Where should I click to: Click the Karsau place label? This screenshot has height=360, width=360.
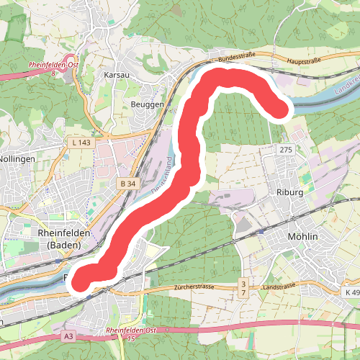click(x=116, y=75)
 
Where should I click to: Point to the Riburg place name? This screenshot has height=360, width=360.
click(x=292, y=193)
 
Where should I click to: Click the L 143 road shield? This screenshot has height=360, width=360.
click(x=81, y=143)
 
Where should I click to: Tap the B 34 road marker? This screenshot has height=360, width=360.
click(x=128, y=184)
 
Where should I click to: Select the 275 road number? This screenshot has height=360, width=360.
click(x=284, y=149)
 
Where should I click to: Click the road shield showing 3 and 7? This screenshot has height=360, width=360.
click(x=244, y=289)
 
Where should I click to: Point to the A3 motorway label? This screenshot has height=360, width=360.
click(x=68, y=336)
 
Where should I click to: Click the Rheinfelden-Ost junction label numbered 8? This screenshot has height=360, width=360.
click(x=53, y=68)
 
